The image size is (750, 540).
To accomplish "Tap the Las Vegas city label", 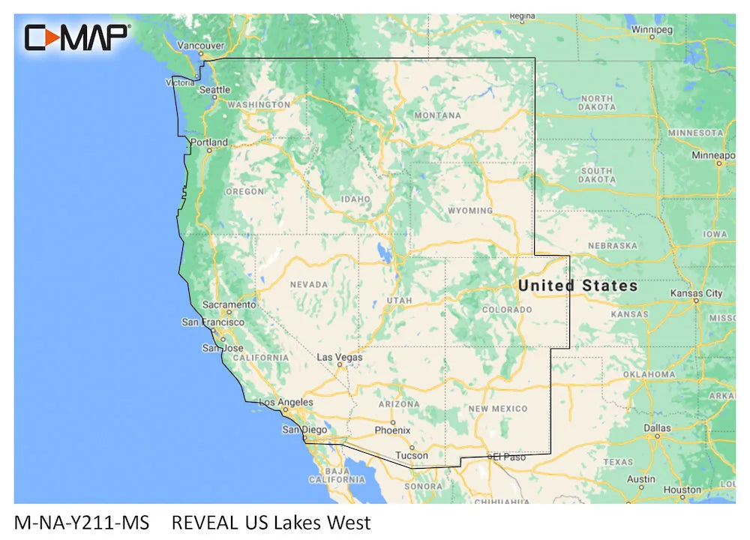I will [339, 358].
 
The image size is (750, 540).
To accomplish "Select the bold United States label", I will [577, 286].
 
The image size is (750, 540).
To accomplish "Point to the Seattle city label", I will [215, 90].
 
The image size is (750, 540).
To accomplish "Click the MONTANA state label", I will [437, 115].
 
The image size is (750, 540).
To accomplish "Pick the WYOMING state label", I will [470, 211].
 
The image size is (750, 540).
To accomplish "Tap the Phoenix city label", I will [392, 430].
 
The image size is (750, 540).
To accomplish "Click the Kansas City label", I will [696, 293].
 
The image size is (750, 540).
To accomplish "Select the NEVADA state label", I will [309, 284].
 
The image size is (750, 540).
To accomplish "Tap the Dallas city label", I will [657, 428].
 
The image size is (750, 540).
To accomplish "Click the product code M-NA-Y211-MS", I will [82, 522].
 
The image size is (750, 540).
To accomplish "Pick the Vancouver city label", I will [200, 46].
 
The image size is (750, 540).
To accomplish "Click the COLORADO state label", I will [506, 310].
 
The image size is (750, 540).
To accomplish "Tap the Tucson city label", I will [412, 455].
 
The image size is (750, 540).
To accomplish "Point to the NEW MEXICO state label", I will [498, 409].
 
